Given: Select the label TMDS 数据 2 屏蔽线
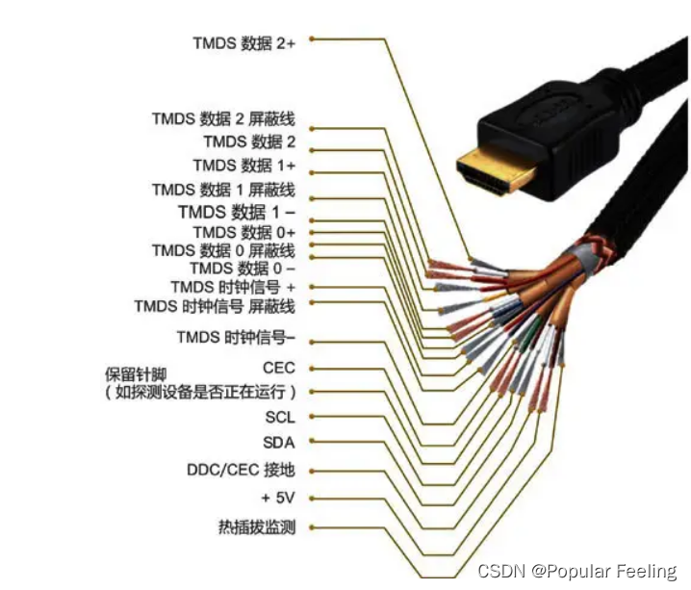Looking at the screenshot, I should pos(222,118).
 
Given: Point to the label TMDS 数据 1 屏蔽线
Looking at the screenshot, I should pos(222,190).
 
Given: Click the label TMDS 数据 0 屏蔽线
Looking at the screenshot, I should pos(222,250).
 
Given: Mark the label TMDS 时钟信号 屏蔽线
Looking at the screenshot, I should pos(215,306).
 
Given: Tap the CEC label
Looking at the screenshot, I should pos(279,368).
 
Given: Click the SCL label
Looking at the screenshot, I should pos(280,418).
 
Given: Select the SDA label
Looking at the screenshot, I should pos(279,443).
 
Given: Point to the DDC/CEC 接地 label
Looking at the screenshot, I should pos(241,470).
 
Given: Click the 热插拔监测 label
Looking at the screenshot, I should pos(257,527).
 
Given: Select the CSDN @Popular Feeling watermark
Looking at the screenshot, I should pos(577,571).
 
